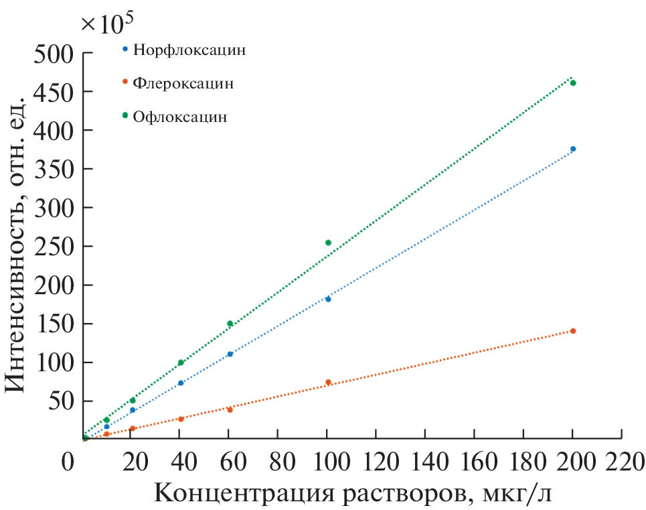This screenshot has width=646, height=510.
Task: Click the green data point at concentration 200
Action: coord(573,83)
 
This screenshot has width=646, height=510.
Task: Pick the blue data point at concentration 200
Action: coord(573,149)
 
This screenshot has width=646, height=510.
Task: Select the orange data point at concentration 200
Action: coord(573,331)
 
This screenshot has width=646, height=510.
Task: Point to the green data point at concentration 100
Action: coord(328,243)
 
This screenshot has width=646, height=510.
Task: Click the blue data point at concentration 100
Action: coord(328,299)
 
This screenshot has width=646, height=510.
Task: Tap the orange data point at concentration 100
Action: coord(328,382)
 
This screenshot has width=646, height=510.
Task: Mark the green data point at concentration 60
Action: coord(230,324)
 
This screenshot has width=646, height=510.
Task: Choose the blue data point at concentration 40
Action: coord(181,383)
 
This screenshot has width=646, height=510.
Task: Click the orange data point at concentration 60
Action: coord(230,409)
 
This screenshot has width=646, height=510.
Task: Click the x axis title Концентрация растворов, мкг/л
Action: coord(355,495)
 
